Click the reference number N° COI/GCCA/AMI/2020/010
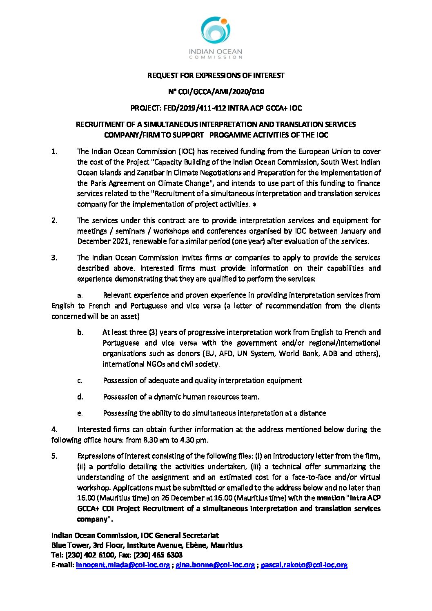(x=216, y=92)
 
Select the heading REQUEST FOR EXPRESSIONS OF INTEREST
(x=216, y=76)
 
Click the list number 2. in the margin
(x=54, y=220)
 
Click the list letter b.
(x=80, y=332)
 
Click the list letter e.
(x=80, y=413)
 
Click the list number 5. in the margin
(x=54, y=456)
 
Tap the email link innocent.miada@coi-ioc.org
(x=123, y=565)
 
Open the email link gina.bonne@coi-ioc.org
(x=215, y=565)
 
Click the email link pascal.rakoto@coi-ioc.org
(x=304, y=565)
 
